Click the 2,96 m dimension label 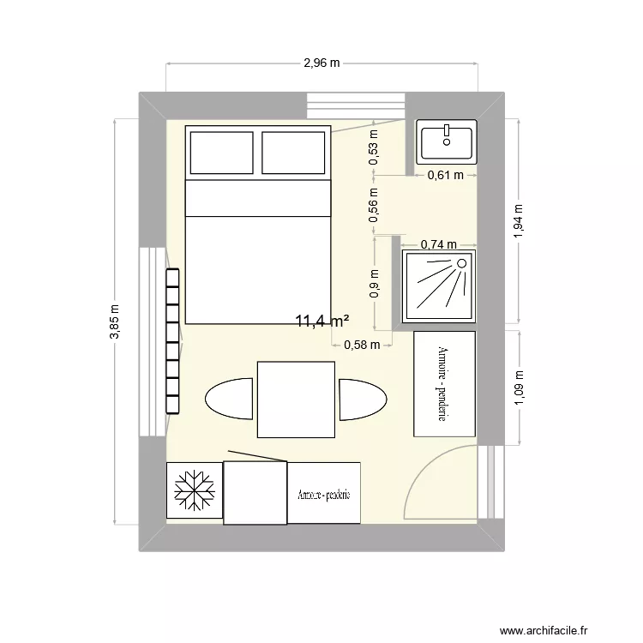pyautogui.click(x=321, y=63)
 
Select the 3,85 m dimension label pyautogui.click(x=114, y=321)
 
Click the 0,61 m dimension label pyautogui.click(x=445, y=175)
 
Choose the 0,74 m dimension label pyautogui.click(x=438, y=244)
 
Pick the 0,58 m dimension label pyautogui.click(x=360, y=346)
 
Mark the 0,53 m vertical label pyautogui.click(x=373, y=146)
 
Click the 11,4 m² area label pyautogui.click(x=321, y=321)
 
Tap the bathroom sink pyautogui.click(x=446, y=141)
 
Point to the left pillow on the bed pyautogui.click(x=221, y=152)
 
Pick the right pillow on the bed pyautogui.click(x=293, y=152)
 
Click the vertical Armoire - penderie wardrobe pyautogui.click(x=443, y=383)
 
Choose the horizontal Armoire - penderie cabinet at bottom pyautogui.click(x=324, y=493)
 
